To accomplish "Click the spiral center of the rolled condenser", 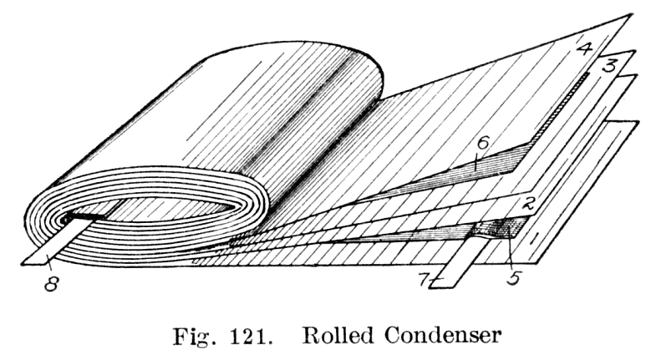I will [84, 220].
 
